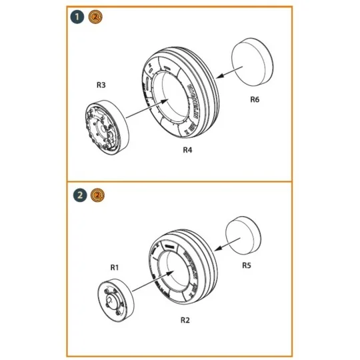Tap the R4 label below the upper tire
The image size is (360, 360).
[x=187, y=151]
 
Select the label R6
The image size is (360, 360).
[x=254, y=100]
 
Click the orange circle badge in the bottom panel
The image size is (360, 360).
[x=97, y=195]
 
